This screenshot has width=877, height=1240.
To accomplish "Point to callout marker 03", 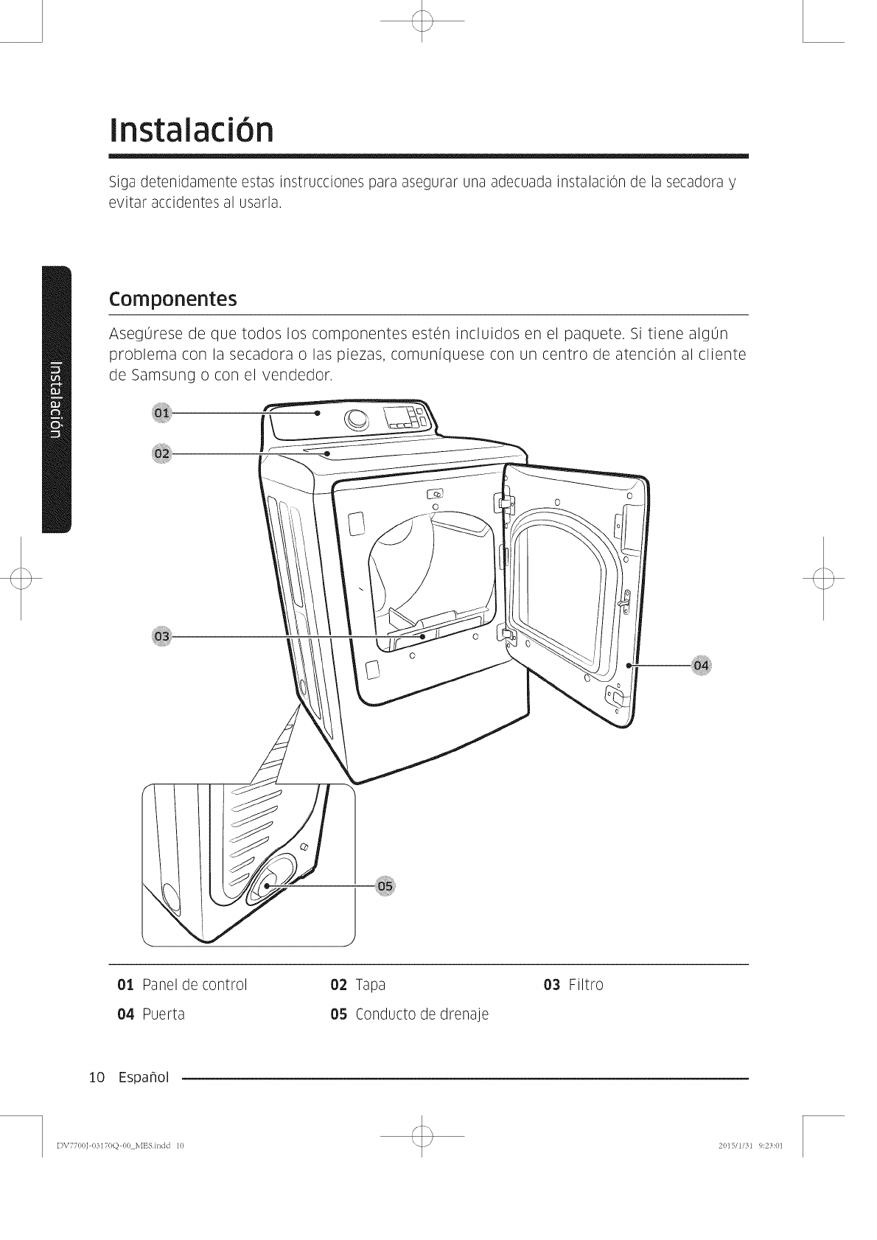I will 161,636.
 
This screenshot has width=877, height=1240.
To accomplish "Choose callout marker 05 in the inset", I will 385,885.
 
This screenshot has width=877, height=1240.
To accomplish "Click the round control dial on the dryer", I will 357,420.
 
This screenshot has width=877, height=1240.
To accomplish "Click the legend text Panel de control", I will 195,985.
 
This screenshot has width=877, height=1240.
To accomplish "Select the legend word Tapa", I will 370,985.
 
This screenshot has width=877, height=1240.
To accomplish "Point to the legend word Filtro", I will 586,985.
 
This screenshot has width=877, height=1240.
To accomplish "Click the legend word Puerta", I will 163,1014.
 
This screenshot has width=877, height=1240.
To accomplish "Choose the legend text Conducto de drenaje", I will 422,1014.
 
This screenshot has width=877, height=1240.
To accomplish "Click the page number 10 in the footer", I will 95,1078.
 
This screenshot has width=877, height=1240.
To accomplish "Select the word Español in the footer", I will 143,1078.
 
